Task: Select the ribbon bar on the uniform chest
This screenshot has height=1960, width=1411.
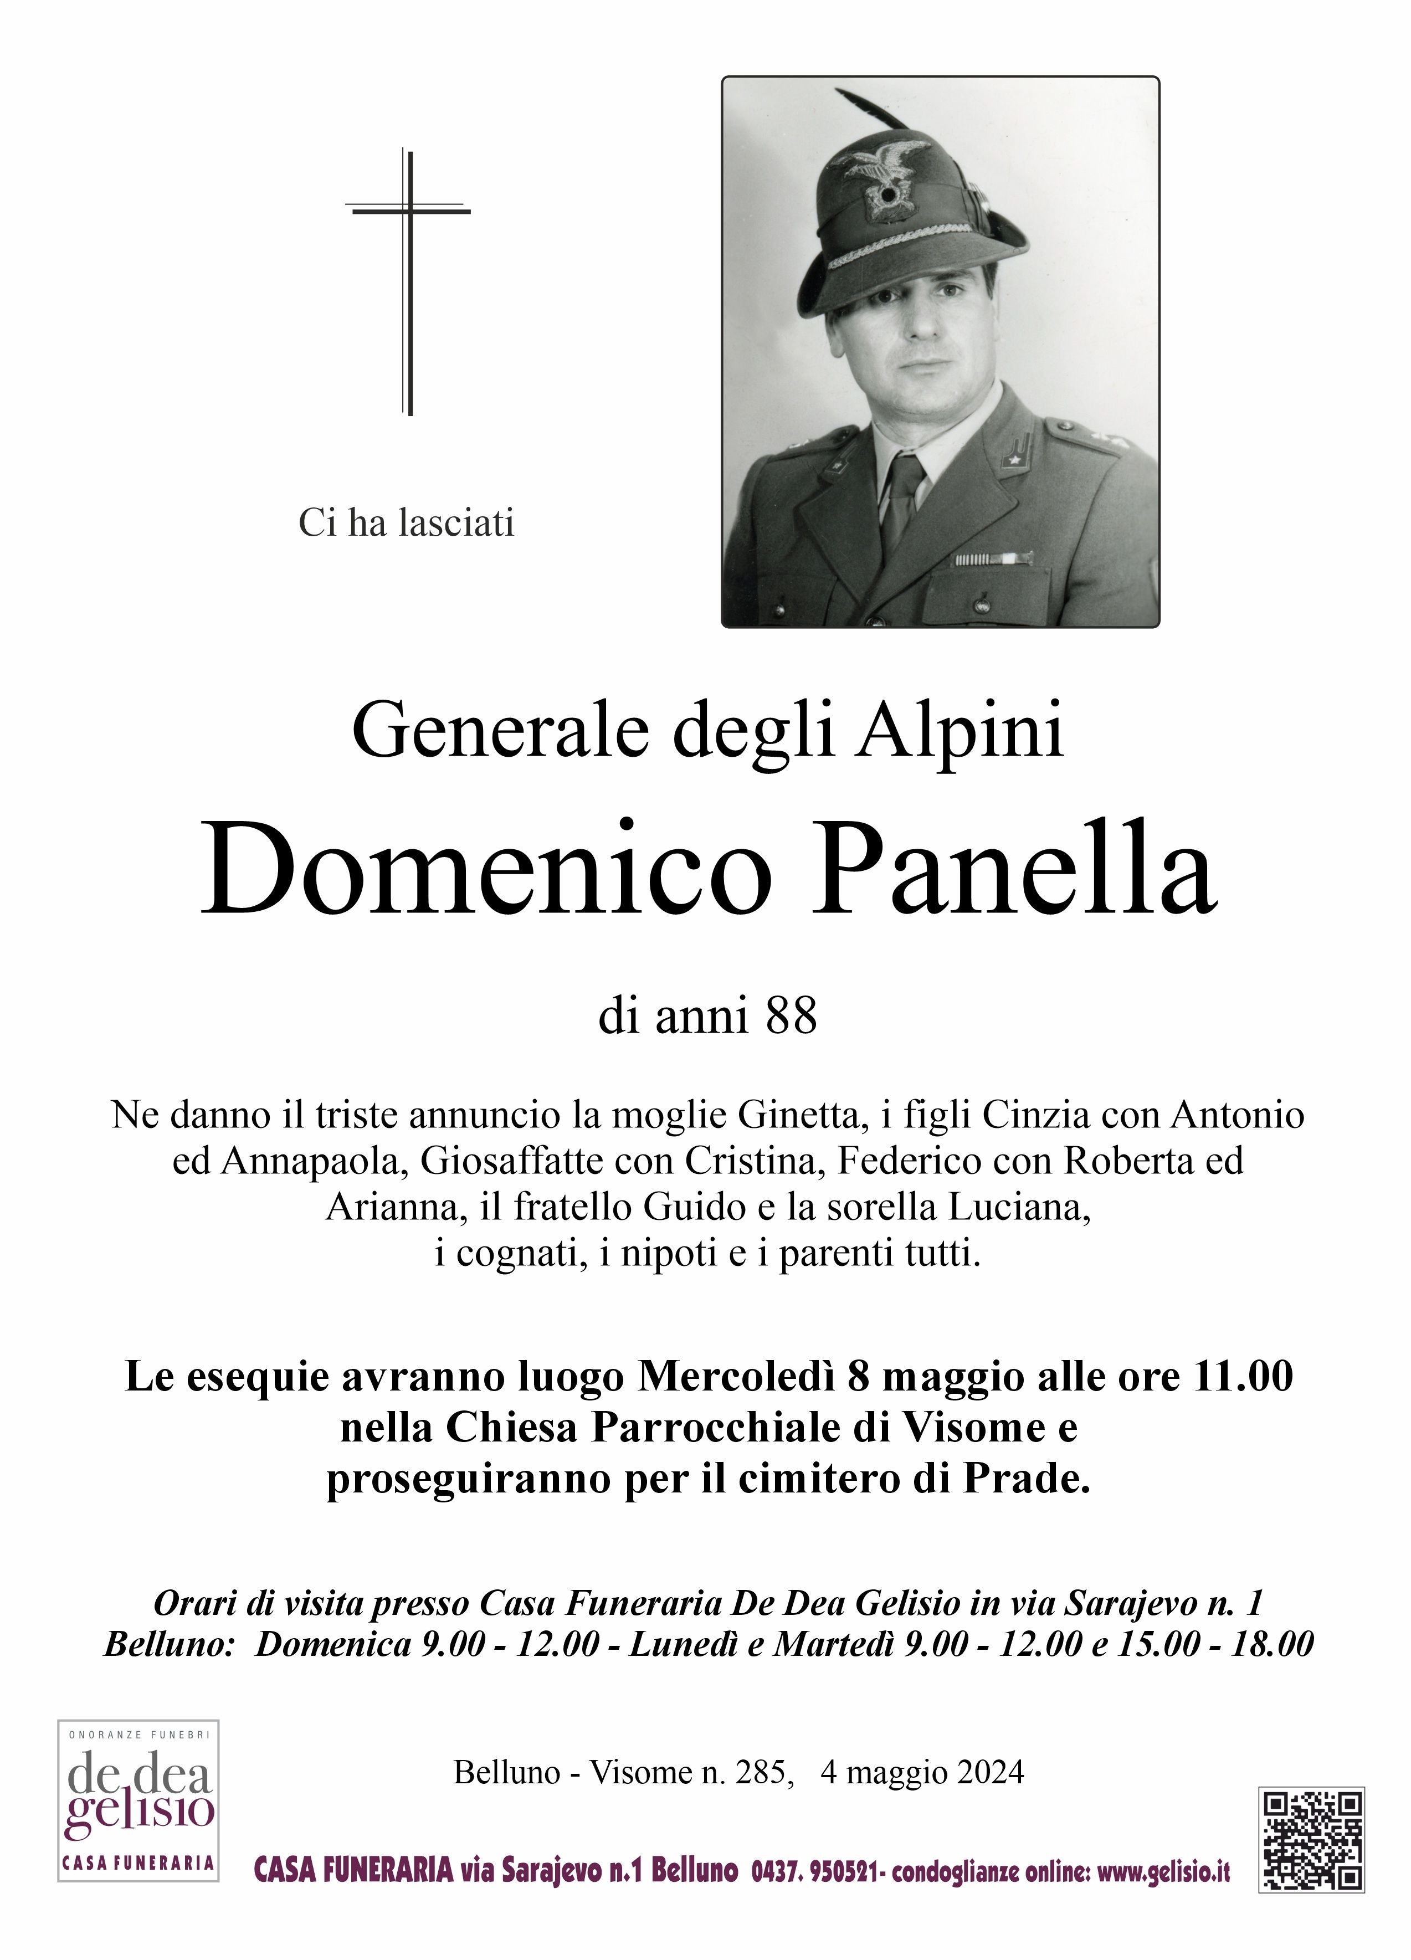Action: pos(993,560)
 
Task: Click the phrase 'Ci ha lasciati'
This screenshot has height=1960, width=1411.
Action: pos(406,523)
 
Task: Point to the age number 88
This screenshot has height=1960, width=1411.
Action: pos(791,1017)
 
